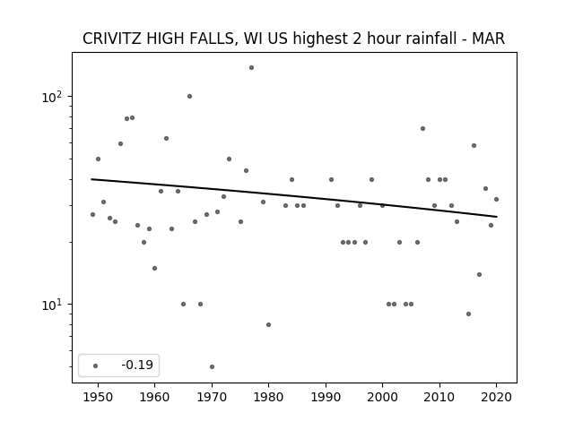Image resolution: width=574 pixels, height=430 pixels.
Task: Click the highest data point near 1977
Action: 251,68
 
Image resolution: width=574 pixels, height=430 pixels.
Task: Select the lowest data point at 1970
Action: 212,366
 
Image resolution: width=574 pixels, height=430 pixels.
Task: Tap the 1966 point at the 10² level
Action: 189,97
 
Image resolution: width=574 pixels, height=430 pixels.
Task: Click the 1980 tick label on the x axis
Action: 269,397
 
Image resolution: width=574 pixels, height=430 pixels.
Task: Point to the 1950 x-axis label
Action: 98,397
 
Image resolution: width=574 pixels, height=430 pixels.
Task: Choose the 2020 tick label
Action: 496,397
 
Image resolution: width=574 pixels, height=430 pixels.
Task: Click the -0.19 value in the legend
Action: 137,365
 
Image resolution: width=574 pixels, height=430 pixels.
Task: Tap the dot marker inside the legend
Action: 96,366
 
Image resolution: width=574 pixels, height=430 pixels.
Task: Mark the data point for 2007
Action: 422,129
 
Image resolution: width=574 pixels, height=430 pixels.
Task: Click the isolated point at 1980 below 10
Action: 269,324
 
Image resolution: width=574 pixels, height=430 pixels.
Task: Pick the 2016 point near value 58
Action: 474,145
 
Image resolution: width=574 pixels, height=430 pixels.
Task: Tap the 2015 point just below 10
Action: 468,314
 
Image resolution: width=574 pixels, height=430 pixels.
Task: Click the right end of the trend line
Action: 497,217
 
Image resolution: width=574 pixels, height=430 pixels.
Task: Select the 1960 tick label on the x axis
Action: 155,397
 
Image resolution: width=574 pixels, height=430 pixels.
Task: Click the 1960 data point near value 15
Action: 155,269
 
